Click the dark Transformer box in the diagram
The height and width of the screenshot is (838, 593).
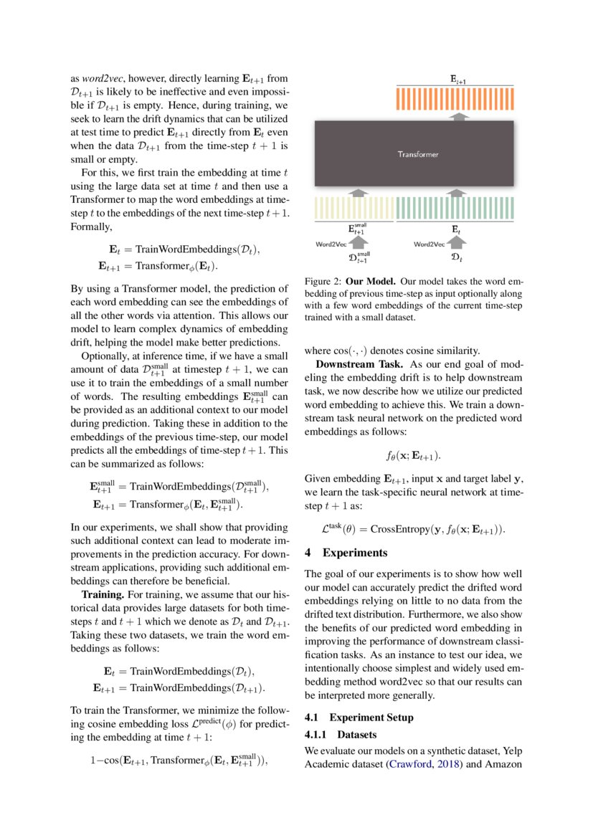click(418, 153)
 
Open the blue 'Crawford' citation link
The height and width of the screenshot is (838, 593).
click(409, 764)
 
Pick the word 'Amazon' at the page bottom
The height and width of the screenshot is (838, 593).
click(504, 764)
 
